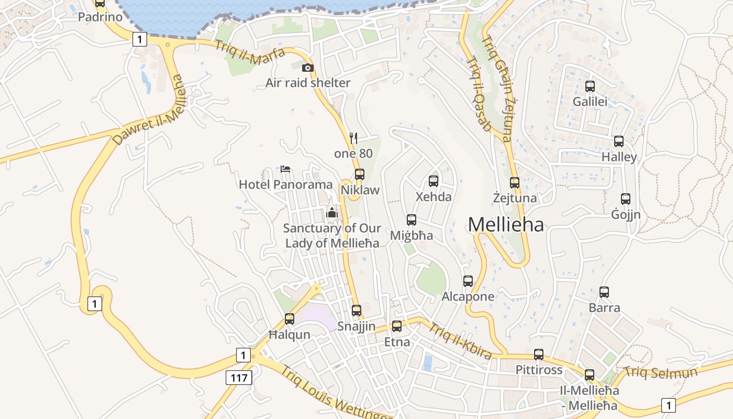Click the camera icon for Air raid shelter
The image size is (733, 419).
pos(308,68)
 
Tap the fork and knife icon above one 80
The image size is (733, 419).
pos(353,138)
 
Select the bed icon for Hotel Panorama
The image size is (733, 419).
pos(285,169)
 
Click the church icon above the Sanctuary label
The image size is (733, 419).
pos(332,213)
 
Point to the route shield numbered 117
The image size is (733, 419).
pos(239,377)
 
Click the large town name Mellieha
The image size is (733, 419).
pos(506,225)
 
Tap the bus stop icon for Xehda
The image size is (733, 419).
pos(434,181)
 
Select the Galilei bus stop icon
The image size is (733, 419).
pos(590,86)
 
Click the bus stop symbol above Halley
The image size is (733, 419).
pos(619,141)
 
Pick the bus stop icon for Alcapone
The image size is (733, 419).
pos(468,281)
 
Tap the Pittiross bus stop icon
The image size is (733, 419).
pos(539,355)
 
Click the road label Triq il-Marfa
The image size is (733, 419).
pos(249,51)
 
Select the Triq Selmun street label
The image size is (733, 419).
pos(660,373)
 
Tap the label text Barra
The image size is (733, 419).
pos(604,307)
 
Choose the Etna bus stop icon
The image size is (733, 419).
pos(397,326)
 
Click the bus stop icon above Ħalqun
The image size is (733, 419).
pos(290,318)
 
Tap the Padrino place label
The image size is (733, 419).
pos(100,17)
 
